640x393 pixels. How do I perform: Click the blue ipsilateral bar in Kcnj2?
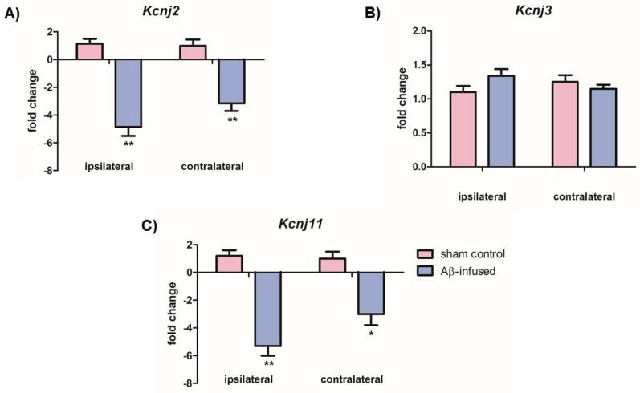(128, 93)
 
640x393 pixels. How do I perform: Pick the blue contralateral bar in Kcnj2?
(231, 81)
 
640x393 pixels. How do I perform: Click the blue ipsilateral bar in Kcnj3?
(499, 121)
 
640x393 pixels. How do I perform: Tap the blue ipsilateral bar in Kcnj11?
(267, 309)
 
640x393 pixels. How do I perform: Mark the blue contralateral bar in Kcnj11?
(371, 293)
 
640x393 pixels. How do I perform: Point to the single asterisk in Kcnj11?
(371, 333)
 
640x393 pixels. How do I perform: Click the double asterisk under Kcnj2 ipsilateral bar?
(128, 144)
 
